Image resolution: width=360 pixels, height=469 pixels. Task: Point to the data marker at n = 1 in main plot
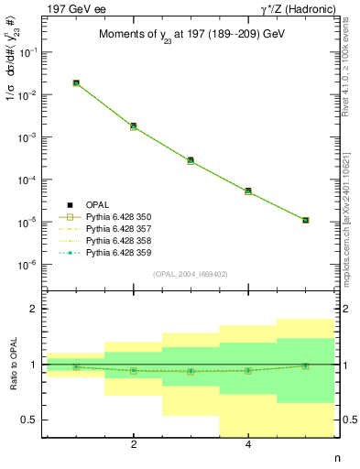tap(76, 83)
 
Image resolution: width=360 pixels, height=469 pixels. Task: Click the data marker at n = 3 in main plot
tap(191, 160)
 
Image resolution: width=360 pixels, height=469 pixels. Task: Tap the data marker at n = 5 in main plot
tap(305, 220)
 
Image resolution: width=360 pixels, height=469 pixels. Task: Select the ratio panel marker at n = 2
tap(134, 371)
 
